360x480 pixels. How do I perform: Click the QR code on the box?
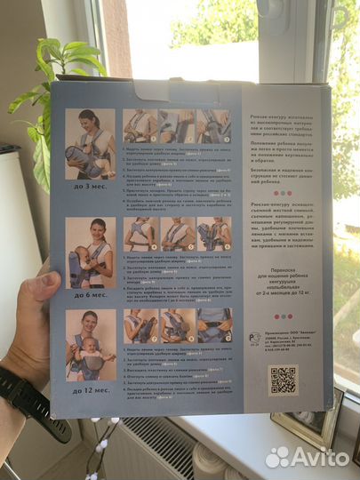point(283,380)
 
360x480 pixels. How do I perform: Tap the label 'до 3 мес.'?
point(92,187)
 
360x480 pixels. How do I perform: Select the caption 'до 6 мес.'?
point(91,293)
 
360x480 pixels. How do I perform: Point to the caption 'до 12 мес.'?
point(90,388)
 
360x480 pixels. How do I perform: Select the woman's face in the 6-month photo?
point(98,226)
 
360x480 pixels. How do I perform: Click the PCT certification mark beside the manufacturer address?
point(256,339)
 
